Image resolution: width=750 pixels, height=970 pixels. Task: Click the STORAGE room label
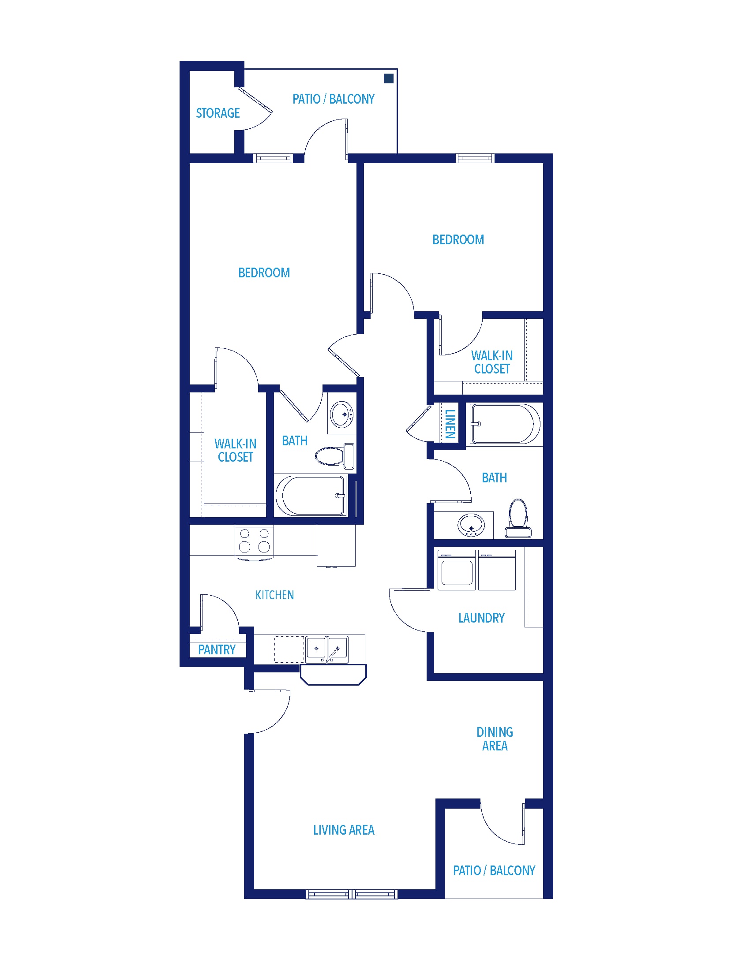click(217, 113)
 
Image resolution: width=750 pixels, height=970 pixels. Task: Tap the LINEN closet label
click(450, 424)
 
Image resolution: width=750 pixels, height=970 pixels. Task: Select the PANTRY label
click(217, 650)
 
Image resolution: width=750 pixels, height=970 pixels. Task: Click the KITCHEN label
click(274, 595)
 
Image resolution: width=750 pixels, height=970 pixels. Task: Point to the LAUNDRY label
click(482, 618)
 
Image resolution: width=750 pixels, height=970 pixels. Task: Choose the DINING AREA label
click(495, 739)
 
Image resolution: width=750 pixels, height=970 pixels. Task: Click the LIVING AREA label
click(344, 830)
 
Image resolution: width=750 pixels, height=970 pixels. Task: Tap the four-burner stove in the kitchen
click(254, 541)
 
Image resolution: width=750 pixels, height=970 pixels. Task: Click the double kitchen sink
click(327, 649)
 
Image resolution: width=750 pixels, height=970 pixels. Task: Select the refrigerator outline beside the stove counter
click(336, 545)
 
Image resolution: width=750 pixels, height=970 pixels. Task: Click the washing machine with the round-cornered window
click(457, 570)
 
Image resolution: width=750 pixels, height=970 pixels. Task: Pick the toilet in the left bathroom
click(334, 456)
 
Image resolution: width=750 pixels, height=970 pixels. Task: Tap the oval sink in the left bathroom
click(342, 414)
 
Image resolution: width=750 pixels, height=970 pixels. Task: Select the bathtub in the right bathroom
click(505, 424)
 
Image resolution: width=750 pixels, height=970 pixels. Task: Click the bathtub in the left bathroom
click(311, 496)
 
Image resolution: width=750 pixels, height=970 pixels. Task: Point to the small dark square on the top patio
click(388, 78)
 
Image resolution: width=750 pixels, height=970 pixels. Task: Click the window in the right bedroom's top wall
click(475, 158)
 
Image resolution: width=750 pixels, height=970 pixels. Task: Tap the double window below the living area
click(352, 894)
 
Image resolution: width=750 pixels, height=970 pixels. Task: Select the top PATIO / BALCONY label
click(333, 99)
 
